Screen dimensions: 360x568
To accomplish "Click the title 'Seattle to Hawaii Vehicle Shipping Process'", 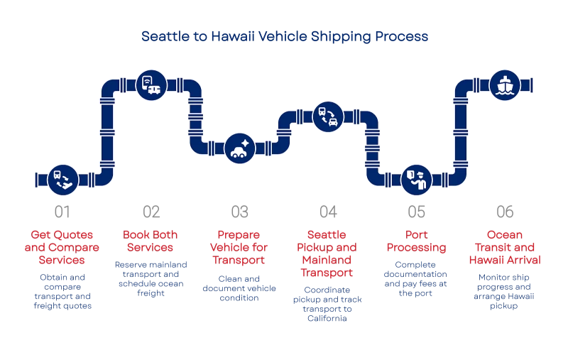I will click(x=284, y=36).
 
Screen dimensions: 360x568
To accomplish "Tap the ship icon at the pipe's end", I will click(x=505, y=85).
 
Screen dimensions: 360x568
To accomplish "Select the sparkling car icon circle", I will click(x=239, y=148).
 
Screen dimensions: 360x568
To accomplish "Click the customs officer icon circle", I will click(x=416, y=179).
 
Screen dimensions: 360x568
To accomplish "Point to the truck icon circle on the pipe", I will click(x=151, y=85).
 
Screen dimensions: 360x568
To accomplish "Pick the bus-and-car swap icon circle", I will click(x=328, y=117).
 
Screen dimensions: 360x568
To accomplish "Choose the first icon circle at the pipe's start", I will click(x=62, y=179).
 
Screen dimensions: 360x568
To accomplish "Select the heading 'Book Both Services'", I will click(x=151, y=241).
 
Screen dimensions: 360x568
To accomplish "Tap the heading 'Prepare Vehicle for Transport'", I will click(x=239, y=249).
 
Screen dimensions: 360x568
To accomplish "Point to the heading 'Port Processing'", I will click(x=416, y=241).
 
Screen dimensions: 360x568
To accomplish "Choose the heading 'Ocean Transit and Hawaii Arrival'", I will click(x=505, y=249).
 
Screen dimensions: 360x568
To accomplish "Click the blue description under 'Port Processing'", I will click(x=416, y=278).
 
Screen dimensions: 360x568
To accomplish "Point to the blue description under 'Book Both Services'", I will click(x=151, y=278).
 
